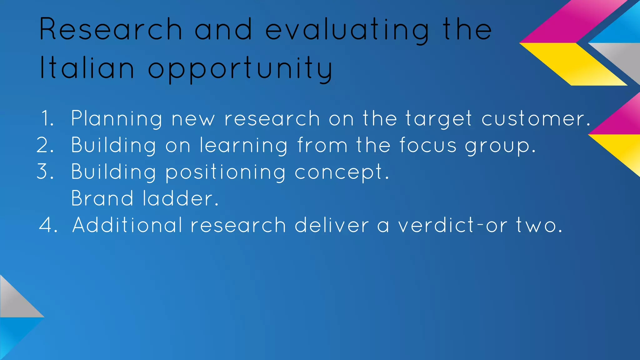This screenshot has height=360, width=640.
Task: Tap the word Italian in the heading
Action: click(87, 68)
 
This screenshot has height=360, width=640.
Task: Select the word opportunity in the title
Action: click(240, 69)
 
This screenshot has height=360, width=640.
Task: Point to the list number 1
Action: click(47, 118)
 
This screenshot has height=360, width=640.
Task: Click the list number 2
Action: click(45, 145)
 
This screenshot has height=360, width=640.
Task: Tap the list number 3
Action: click(45, 172)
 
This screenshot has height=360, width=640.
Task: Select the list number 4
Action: click(48, 225)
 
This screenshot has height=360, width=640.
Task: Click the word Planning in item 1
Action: click(117, 119)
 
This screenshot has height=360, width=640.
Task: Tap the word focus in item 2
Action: click(428, 145)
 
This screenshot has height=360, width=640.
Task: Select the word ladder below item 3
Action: click(180, 198)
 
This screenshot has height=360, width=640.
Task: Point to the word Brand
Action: click(102, 198)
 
